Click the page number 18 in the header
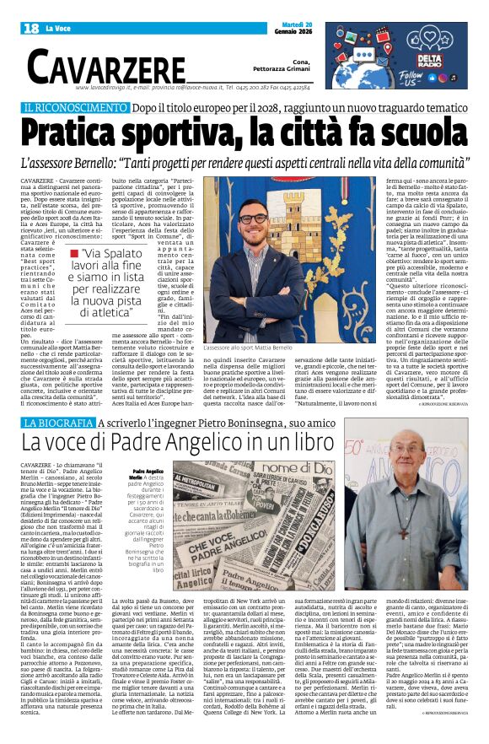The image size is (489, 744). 31,28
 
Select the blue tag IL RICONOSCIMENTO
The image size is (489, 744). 87,109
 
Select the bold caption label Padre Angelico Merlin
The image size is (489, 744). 148,475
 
